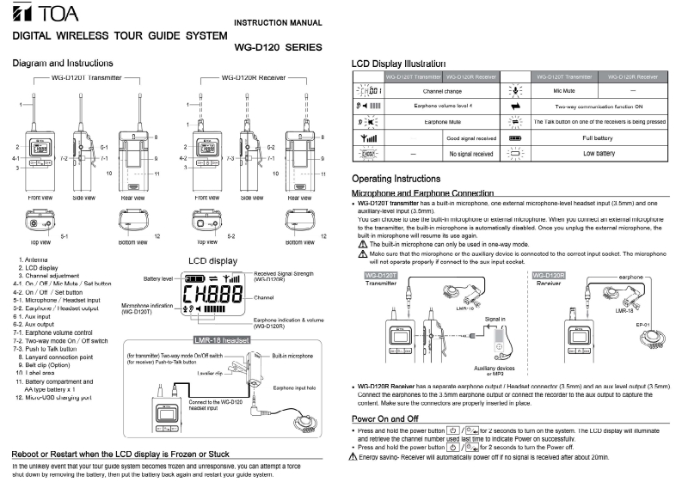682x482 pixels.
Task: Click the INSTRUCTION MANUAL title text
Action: coord(278,22)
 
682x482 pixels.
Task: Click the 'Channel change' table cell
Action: coord(443,89)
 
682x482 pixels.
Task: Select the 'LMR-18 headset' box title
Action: coord(222,340)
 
